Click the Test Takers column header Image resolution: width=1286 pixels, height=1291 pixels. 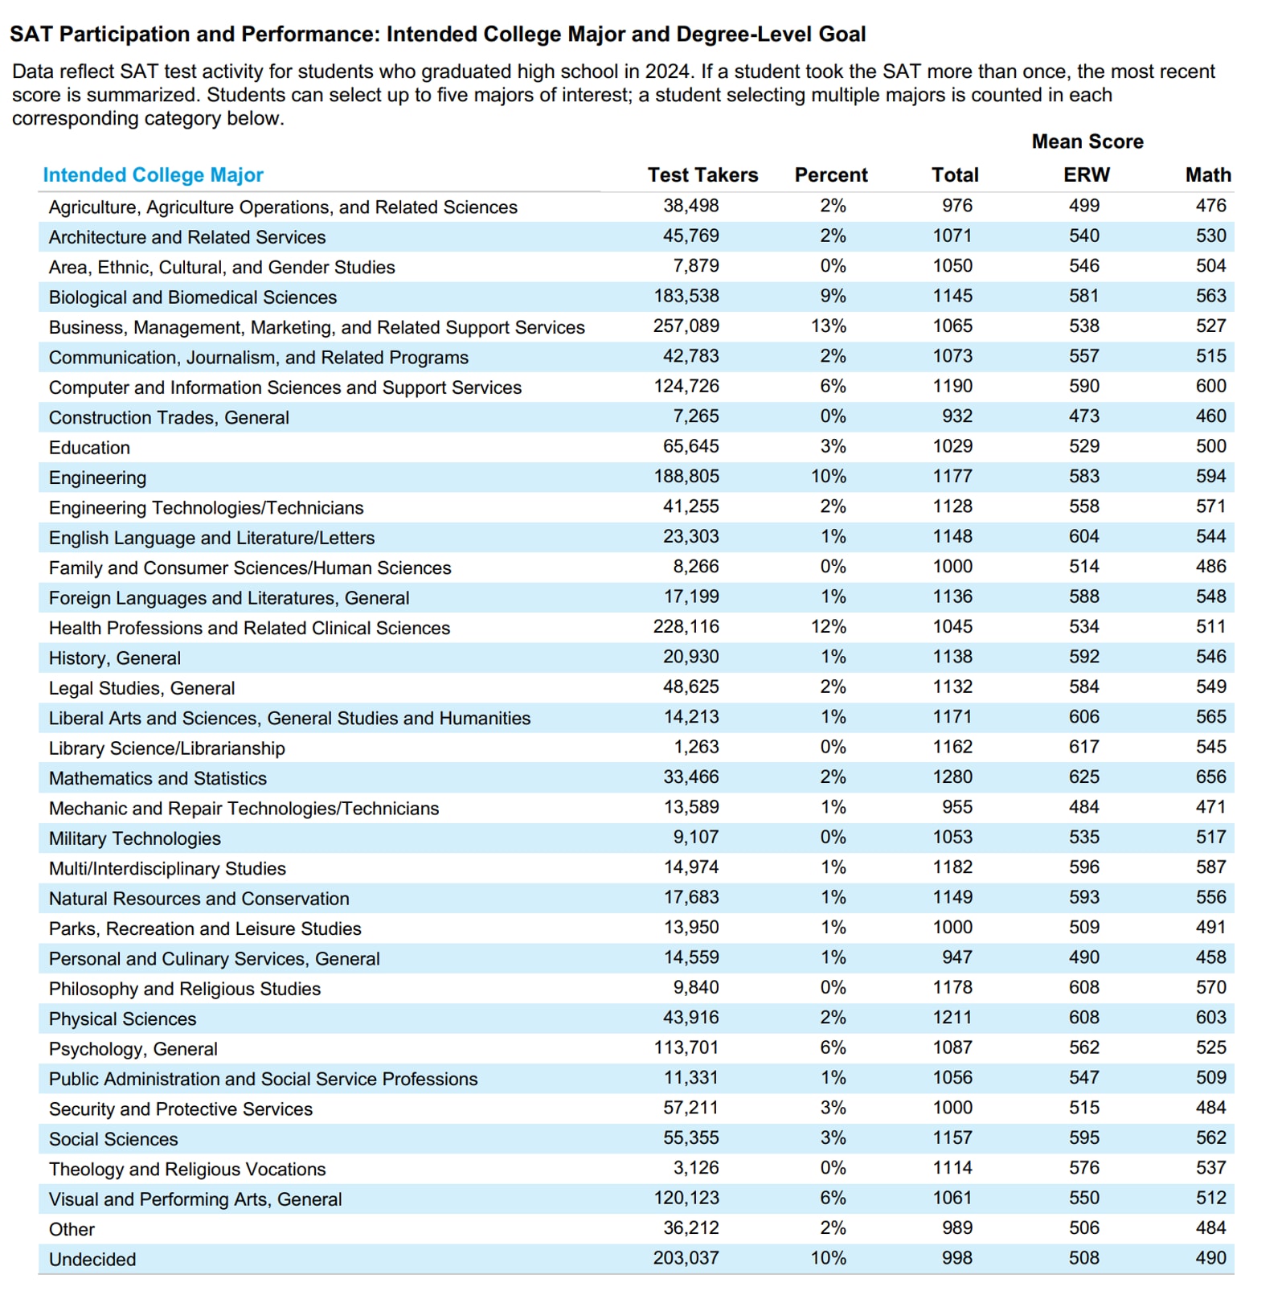(x=702, y=174)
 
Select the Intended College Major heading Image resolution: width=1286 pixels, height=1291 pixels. (x=153, y=174)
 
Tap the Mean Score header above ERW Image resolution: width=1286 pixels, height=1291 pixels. (x=1087, y=141)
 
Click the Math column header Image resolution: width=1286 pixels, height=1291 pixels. (x=1207, y=174)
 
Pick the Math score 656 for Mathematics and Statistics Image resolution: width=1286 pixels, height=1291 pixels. (x=1210, y=777)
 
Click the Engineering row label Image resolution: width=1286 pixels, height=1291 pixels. (x=97, y=477)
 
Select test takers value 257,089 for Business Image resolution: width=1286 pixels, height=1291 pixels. (x=686, y=326)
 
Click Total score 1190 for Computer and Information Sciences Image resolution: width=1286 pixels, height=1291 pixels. (x=952, y=386)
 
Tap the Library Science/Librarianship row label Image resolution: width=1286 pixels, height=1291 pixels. (x=166, y=748)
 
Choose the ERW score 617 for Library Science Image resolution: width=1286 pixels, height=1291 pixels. (x=1083, y=747)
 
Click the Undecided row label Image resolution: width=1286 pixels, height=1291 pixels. (x=92, y=1259)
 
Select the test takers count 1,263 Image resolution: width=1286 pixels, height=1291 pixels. (x=696, y=747)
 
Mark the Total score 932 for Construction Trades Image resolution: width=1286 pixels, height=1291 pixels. (x=956, y=416)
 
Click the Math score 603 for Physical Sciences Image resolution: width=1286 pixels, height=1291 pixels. (x=1210, y=1017)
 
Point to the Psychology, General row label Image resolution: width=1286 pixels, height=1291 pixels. (x=133, y=1048)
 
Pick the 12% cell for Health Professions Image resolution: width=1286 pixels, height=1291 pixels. (x=828, y=626)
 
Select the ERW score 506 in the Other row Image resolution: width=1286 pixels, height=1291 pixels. (x=1083, y=1227)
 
